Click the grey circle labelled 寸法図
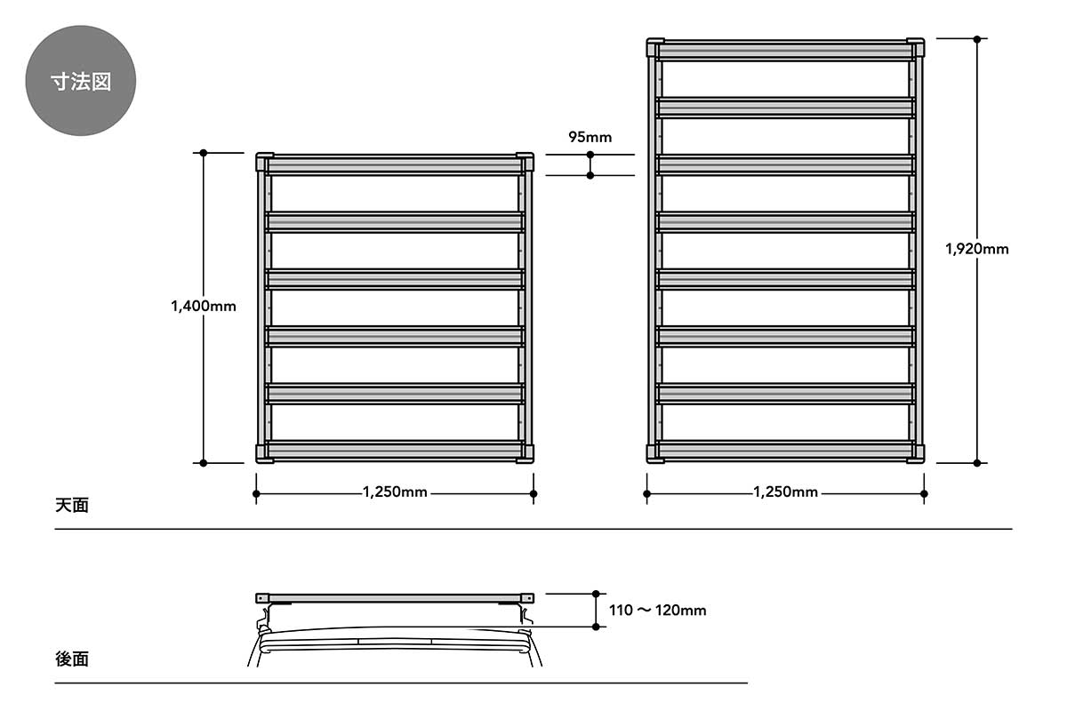click(81, 81)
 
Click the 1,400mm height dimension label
click(204, 306)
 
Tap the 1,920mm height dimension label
click(977, 249)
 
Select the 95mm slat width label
click(590, 137)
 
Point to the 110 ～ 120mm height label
click(657, 610)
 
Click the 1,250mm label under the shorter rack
click(395, 491)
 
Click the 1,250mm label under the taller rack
click(785, 491)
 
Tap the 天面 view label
click(72, 505)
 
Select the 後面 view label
click(72, 659)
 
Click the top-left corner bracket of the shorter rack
click(264, 162)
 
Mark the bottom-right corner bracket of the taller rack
click(916, 453)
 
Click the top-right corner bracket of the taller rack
click(916, 48)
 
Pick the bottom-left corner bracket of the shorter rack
click(264, 453)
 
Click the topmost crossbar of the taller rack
click(785, 51)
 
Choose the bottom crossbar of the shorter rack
click(395, 451)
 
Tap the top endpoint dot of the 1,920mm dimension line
click(977, 38)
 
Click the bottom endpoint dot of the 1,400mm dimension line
click(204, 463)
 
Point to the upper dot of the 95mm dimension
click(590, 155)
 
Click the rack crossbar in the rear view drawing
click(395, 598)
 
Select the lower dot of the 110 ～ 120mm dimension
click(596, 627)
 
